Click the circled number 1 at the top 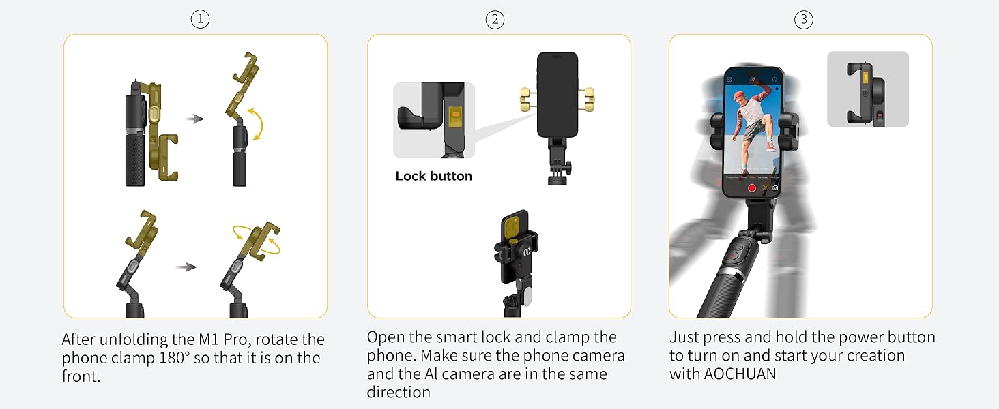(x=200, y=20)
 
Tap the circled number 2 (x=495, y=20)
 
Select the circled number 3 (x=804, y=20)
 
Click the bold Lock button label (x=433, y=176)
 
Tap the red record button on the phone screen (x=752, y=187)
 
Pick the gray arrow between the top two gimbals (x=195, y=119)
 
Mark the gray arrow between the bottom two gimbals (x=186, y=267)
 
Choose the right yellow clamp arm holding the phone (x=587, y=99)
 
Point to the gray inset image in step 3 (x=867, y=89)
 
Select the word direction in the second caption (x=399, y=392)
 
